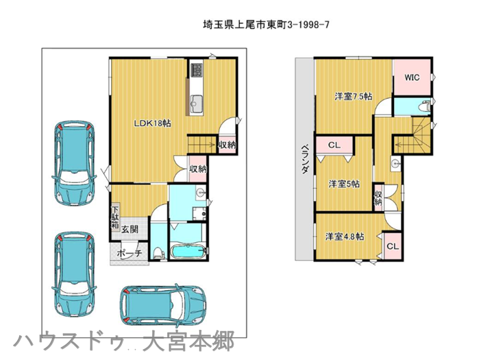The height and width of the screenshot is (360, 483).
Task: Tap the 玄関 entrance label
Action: click(x=129, y=229)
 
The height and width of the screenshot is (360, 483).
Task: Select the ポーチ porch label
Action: click(x=129, y=253)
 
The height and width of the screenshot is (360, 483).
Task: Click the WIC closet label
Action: click(x=412, y=77)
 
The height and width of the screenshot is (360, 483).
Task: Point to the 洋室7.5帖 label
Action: click(x=354, y=97)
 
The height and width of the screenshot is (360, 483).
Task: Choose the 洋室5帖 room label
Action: click(x=344, y=184)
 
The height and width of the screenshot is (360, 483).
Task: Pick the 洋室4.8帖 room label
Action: click(x=345, y=237)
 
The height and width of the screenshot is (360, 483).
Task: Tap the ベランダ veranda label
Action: click(x=305, y=158)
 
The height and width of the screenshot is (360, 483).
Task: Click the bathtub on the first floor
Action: click(x=188, y=252)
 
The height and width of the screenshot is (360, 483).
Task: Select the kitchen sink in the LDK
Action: click(x=196, y=103)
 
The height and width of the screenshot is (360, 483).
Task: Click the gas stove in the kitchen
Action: click(x=196, y=70)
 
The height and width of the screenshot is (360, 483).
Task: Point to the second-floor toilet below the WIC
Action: click(x=425, y=106)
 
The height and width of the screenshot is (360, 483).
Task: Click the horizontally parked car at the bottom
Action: click(x=163, y=304)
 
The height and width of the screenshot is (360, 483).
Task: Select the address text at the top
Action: click(x=266, y=25)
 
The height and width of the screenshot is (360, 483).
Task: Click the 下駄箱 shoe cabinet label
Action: click(x=115, y=216)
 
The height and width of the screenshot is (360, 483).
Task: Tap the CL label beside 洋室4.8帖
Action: click(x=393, y=246)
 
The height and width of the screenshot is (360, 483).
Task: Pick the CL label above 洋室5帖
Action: click(x=334, y=145)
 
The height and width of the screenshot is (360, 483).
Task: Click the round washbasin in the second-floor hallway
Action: click(x=395, y=164)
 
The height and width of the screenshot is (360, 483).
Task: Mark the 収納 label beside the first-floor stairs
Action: click(x=227, y=144)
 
